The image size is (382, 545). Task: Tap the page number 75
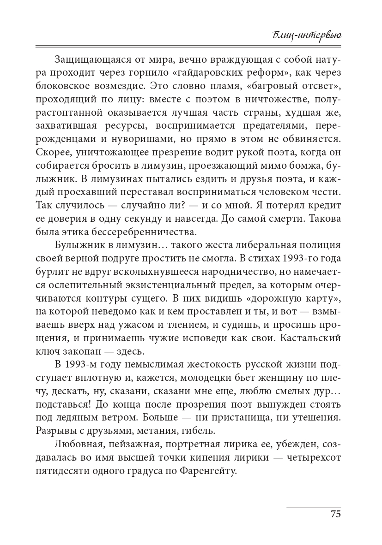click(335, 515)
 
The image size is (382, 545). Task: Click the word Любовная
click(75, 445)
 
